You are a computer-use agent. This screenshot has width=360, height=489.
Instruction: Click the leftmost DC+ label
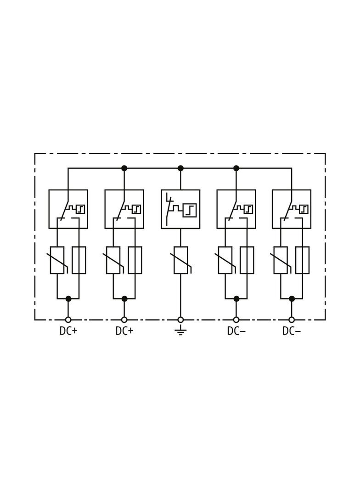(68, 331)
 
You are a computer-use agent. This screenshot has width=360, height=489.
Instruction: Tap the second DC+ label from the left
(124, 331)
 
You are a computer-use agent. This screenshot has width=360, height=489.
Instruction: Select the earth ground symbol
(180, 330)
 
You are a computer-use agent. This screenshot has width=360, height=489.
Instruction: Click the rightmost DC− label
(292, 331)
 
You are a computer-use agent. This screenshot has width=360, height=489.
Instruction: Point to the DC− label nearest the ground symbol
(236, 331)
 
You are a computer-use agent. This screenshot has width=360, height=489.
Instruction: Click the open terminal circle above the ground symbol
(180, 320)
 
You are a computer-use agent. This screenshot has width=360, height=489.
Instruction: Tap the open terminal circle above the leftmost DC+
(68, 320)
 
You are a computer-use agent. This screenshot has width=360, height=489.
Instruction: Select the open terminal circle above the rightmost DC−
(292, 320)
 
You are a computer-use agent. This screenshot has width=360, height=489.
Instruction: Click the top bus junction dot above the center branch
(180, 168)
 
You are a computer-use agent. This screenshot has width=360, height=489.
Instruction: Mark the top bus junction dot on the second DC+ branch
(124, 168)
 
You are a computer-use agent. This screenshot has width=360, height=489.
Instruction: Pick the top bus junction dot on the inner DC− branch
(236, 168)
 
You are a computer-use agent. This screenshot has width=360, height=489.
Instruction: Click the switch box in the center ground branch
(180, 209)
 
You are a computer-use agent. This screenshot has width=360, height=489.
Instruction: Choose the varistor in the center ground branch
(180, 260)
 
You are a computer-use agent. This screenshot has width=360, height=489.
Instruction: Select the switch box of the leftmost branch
(68, 209)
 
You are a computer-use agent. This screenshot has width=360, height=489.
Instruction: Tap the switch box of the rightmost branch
(292, 209)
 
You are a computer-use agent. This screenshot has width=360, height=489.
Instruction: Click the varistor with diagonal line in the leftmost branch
(57, 260)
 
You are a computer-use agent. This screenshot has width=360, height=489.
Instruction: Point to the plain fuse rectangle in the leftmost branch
(79, 260)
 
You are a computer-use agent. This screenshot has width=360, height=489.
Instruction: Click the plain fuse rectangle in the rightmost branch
(303, 260)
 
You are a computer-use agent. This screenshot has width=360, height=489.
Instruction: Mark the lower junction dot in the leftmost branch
(69, 299)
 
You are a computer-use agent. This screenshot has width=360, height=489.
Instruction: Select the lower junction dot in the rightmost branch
(292, 299)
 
